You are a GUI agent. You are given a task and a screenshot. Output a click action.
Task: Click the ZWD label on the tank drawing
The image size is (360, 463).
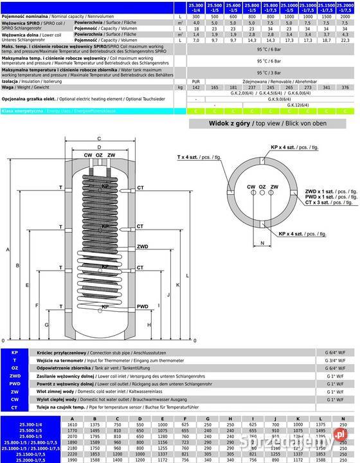143,246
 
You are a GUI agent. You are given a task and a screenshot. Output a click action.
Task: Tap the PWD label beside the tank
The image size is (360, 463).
143,306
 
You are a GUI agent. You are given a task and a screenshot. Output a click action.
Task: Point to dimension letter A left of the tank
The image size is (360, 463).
7,248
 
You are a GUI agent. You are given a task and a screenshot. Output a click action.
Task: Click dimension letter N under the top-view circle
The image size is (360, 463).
263,242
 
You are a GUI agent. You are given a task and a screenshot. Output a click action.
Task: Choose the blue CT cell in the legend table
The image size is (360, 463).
14,408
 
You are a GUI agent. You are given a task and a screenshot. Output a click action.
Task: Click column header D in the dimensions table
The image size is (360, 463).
139,418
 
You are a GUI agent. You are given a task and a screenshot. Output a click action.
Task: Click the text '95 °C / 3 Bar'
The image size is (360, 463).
269,73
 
